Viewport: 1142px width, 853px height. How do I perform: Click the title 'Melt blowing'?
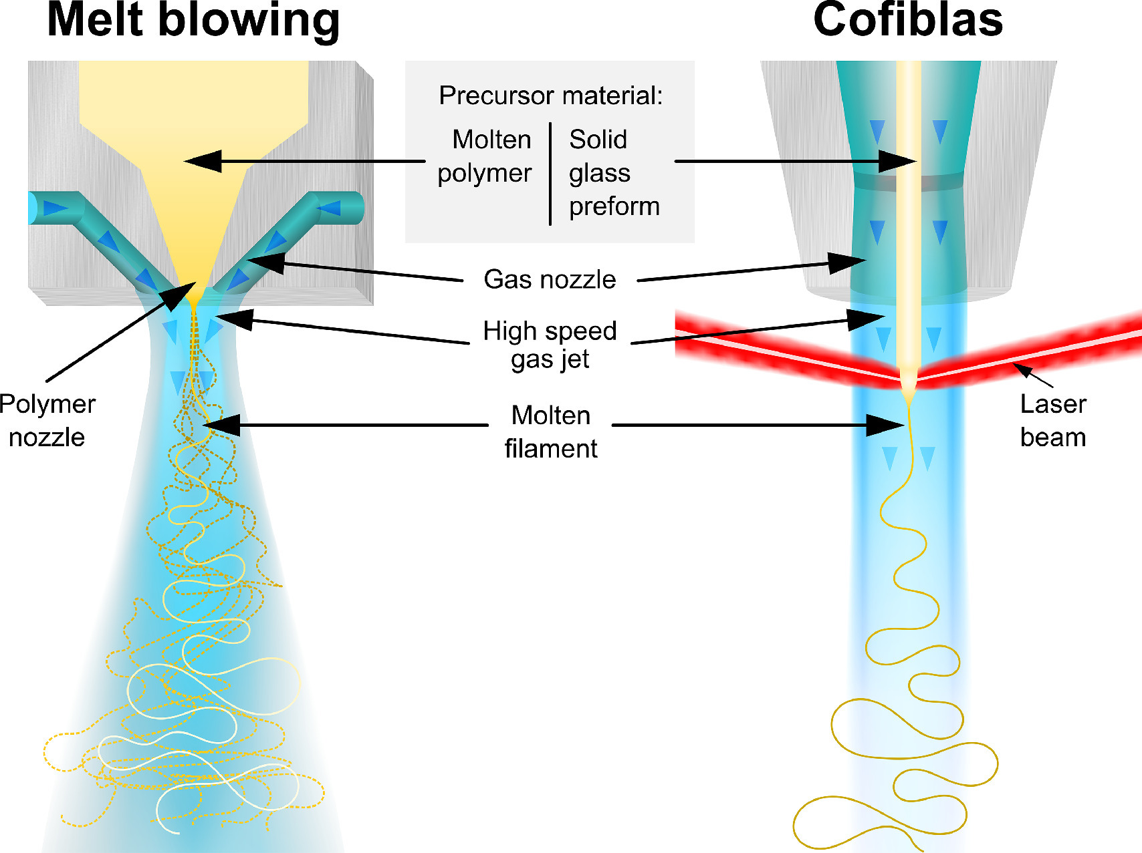[x=193, y=21]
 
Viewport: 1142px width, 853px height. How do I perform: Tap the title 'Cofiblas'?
[x=908, y=19]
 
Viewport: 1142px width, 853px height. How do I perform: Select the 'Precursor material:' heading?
[x=550, y=96]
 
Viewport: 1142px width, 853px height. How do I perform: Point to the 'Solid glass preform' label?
[x=614, y=173]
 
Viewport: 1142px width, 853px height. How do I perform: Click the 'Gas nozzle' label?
[x=550, y=279]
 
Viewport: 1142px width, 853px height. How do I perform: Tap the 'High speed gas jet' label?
[x=550, y=345]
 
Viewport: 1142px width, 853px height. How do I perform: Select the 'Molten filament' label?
[x=550, y=432]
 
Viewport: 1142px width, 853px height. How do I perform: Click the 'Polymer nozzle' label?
[x=47, y=420]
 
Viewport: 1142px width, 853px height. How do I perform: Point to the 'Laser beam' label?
[x=1052, y=420]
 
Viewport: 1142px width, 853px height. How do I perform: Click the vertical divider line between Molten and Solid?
[x=550, y=173]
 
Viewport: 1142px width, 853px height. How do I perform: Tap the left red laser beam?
[x=782, y=351]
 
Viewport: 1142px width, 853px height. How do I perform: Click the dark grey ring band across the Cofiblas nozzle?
[x=907, y=182]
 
